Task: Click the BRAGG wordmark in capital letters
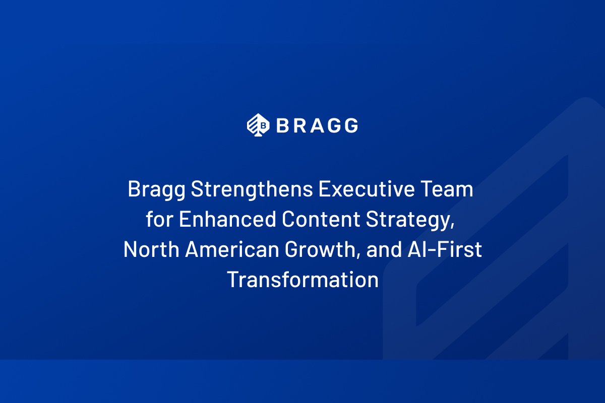(317, 125)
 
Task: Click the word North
(151, 250)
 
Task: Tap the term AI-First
(444, 250)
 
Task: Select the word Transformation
(302, 280)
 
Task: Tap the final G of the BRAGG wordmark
(351, 125)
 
